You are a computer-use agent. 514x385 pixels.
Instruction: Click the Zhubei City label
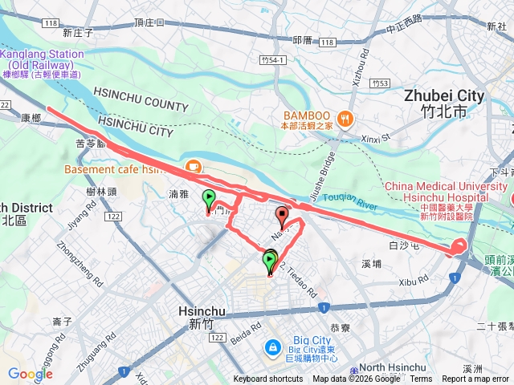point(443,95)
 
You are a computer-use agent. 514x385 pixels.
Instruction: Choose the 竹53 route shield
point(381,83)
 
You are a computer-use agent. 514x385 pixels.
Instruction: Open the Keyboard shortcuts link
point(268,379)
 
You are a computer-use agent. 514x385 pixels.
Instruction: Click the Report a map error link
point(475,379)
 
